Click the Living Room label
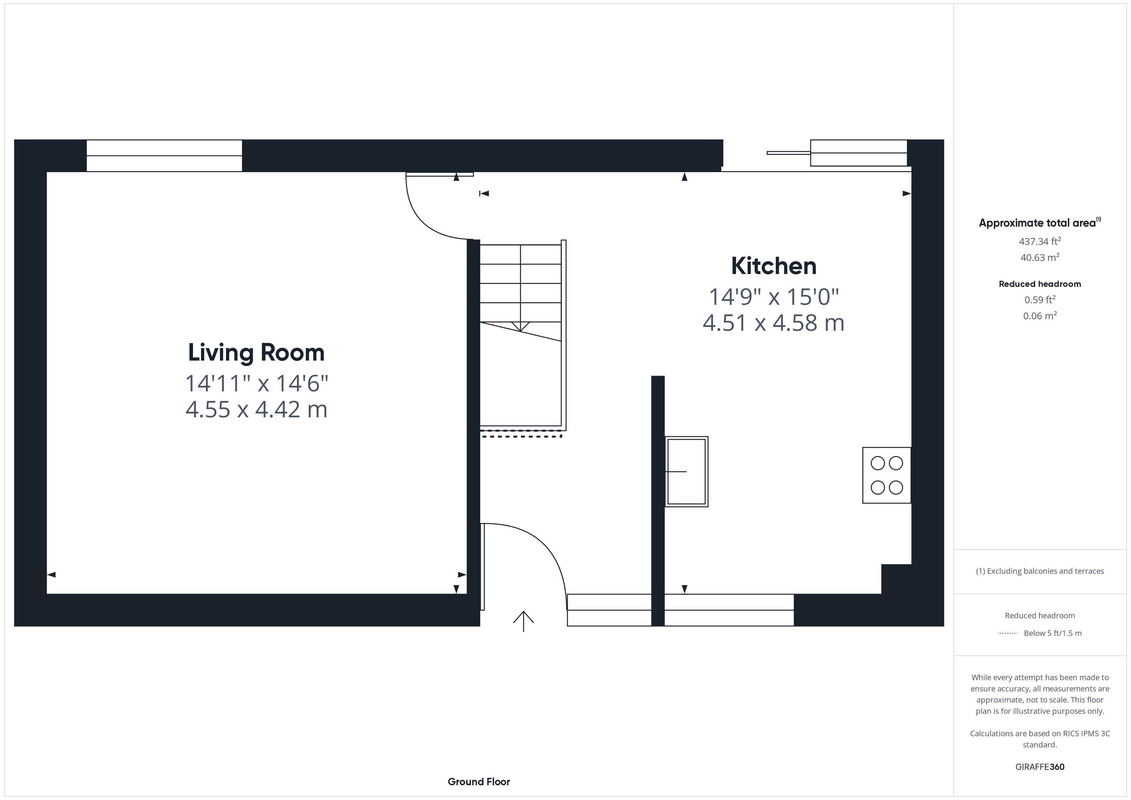[x=256, y=352]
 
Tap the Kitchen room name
[x=773, y=266]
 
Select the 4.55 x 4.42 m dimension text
[x=256, y=409]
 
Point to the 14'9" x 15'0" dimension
[x=773, y=297]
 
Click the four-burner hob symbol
[x=887, y=475]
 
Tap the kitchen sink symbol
[x=687, y=471]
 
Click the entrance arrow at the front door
[x=523, y=621]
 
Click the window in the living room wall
[x=164, y=156]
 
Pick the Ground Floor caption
[x=479, y=781]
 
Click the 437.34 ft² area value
[x=1040, y=241]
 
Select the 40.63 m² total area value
[x=1040, y=257]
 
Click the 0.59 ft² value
[x=1040, y=299]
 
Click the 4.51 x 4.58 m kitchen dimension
[x=773, y=323]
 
